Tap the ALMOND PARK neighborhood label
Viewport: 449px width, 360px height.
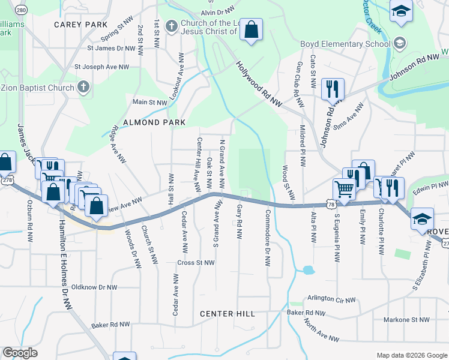pos(151,122)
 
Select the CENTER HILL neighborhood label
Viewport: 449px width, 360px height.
pos(228,314)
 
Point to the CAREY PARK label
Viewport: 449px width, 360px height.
pos(80,25)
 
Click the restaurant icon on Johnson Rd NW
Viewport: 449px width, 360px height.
pos(333,89)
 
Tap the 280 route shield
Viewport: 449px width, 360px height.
pos(22,10)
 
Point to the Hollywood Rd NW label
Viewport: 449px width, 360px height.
pos(259,85)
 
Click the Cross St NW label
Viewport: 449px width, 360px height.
pos(196,263)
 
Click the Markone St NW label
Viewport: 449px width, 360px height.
pos(407,320)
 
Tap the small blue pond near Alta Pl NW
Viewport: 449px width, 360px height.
pos(308,270)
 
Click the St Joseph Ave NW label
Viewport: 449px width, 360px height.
pos(101,67)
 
